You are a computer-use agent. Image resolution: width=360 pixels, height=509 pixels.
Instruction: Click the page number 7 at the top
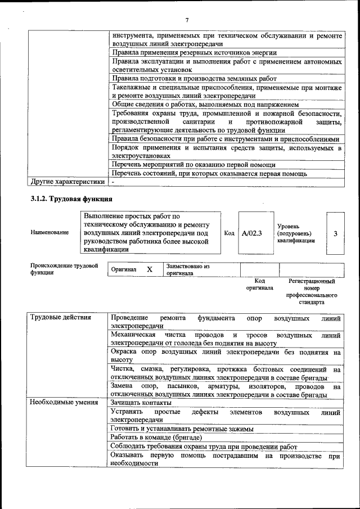(187, 21)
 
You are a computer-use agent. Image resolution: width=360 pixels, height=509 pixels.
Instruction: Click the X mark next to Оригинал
(150, 269)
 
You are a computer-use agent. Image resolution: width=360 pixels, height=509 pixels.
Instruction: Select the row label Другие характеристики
(67, 182)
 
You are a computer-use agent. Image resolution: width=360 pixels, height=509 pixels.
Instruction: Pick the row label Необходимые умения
(64, 403)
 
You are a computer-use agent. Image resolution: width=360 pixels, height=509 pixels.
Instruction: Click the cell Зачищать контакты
(141, 403)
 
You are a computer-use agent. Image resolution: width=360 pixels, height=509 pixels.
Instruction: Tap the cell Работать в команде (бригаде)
(156, 437)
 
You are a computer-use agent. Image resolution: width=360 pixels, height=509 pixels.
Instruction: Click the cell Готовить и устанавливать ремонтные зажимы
(182, 429)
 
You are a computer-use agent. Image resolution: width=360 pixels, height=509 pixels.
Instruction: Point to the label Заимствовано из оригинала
(187, 269)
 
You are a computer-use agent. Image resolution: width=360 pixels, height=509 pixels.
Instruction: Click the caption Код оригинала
(259, 284)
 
